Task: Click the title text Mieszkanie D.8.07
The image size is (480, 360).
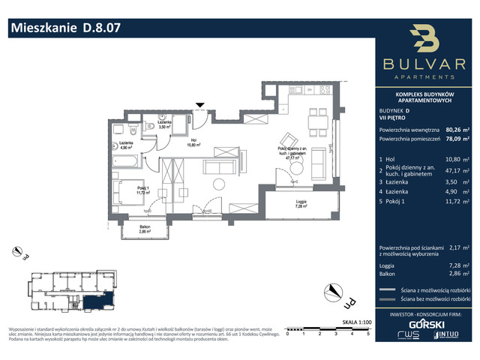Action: pyautogui.click(x=64, y=29)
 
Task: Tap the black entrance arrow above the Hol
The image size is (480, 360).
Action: pyautogui.click(x=199, y=106)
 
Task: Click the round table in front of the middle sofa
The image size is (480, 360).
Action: pyautogui.click(x=219, y=183)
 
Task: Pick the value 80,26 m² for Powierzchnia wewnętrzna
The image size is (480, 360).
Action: pyautogui.click(x=456, y=129)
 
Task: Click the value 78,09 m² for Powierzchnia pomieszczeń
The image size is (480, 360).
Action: pyautogui.click(x=456, y=139)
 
